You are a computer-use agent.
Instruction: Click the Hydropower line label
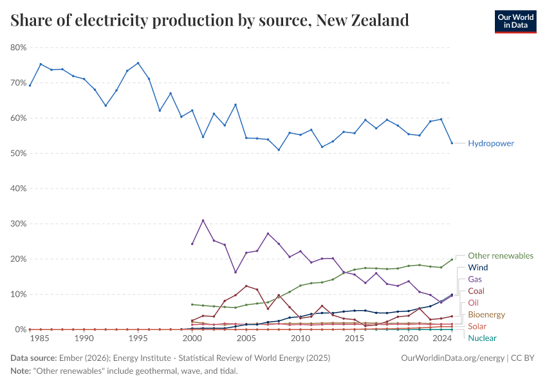pos(490,143)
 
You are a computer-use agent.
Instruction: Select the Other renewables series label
pos(500,255)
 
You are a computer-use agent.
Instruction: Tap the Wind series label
pos(478,268)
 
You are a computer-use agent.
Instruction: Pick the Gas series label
pos(475,279)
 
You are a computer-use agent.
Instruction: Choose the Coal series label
pos(477,291)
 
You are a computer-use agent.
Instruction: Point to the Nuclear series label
pos(482,338)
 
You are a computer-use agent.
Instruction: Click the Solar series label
pos(477,326)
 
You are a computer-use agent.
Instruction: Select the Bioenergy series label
pos(487,315)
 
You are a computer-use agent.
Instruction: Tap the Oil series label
pos(473,302)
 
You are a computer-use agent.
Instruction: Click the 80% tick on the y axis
pos(18,48)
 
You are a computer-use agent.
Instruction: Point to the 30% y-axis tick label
pos(18,224)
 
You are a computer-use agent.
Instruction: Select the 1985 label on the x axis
pos(41,338)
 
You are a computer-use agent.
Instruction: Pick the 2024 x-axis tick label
pos(441,338)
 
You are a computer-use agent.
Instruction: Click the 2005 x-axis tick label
pos(246,338)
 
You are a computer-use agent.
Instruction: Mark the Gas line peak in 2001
pos(203,221)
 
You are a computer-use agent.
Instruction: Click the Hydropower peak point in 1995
pos(138,63)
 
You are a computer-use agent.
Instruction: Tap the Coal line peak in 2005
pos(246,286)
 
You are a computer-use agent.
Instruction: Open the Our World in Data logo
pos(515,22)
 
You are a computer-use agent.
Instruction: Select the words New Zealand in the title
pos(364,21)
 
